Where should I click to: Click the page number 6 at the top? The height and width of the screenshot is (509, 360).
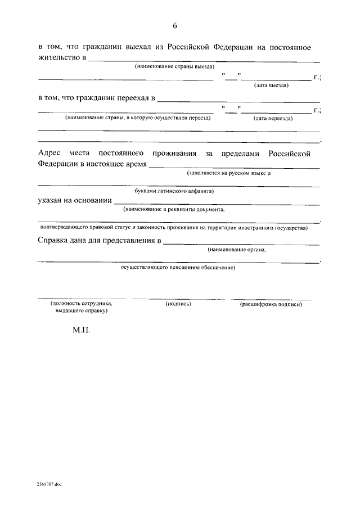(175, 26)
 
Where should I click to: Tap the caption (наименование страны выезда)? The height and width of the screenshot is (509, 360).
(175, 67)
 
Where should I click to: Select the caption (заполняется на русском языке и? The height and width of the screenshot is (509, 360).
(229, 173)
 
